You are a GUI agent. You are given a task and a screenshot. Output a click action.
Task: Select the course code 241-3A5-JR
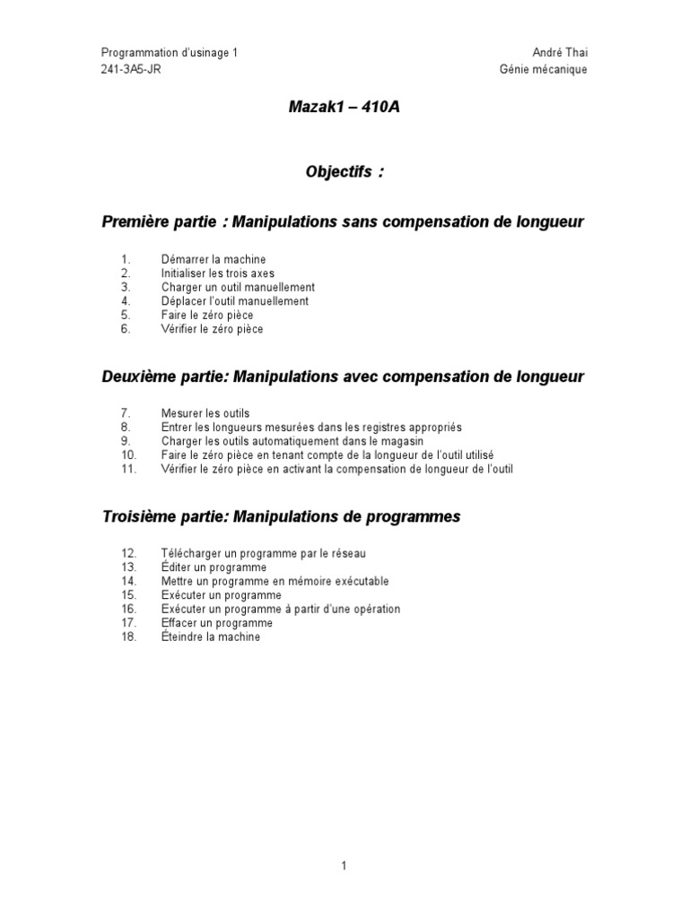(x=132, y=70)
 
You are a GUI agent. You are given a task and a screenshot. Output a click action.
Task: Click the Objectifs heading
(x=344, y=172)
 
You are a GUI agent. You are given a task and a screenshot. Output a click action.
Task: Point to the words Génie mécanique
(x=544, y=70)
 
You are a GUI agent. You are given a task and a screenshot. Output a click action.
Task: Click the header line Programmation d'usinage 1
(x=170, y=53)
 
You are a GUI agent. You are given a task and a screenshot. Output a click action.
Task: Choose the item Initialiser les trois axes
(x=218, y=273)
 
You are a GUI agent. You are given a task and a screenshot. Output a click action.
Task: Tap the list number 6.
(x=125, y=330)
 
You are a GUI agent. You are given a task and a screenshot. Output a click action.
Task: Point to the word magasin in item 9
(x=427, y=442)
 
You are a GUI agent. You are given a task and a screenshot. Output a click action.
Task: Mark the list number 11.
(x=127, y=470)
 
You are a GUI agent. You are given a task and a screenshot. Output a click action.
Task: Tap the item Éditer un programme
(x=214, y=567)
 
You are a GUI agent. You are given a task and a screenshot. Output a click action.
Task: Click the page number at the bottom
(x=344, y=866)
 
